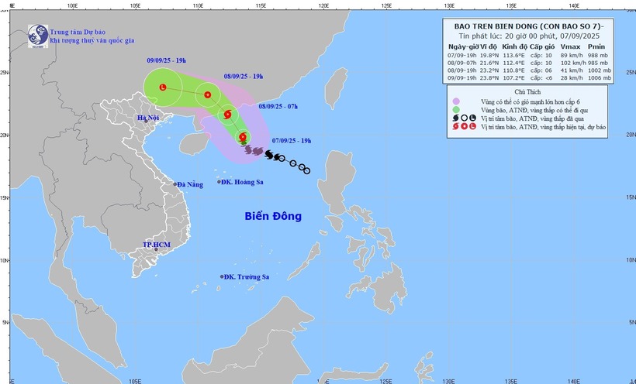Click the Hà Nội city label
(x=147, y=118)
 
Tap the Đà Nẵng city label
(x=189, y=184)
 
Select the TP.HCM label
(x=156, y=245)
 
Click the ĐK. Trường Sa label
(x=246, y=276)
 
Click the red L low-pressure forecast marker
(x=163, y=88)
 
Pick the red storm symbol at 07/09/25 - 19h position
(x=243, y=138)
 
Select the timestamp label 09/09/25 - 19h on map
(x=171, y=60)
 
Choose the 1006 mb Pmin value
(x=603, y=77)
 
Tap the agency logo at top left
(x=37, y=34)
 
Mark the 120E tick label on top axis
(x=323, y=5)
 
